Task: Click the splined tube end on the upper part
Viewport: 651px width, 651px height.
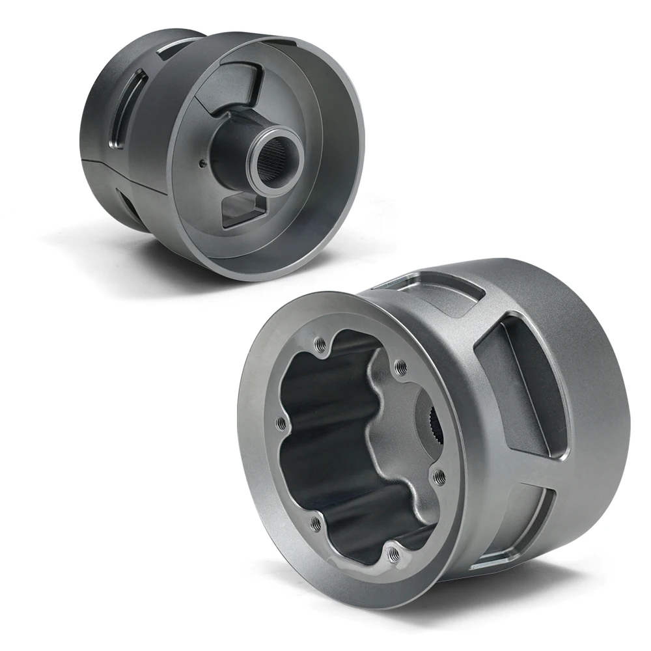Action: tap(272, 166)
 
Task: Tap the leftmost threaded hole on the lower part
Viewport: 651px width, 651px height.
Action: tap(281, 424)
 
